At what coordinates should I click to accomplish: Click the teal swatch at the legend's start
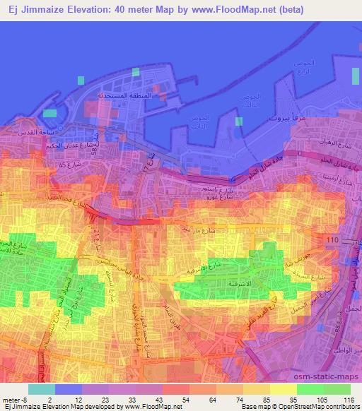41,389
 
